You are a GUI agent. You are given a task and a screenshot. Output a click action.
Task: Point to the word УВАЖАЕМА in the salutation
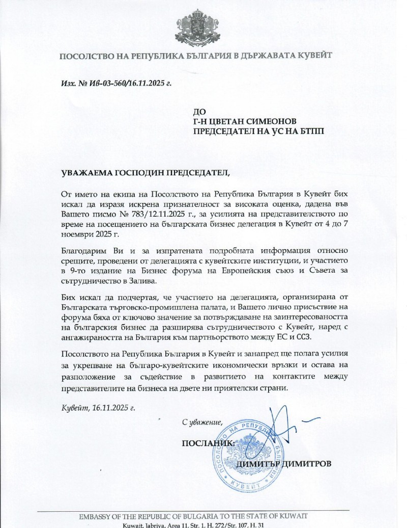(84, 173)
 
